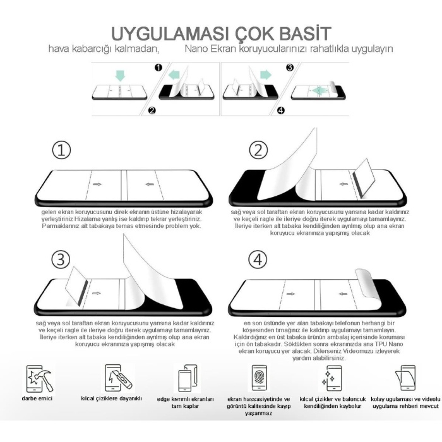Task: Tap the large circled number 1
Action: click(61, 150)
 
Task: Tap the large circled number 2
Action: click(258, 150)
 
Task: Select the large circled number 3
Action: click(61, 259)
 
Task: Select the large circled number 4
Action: click(258, 259)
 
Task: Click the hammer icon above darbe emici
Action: click(40, 378)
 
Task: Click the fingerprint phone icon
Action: click(259, 379)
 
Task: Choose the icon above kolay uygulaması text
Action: click(405, 379)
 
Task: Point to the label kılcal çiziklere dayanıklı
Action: click(111, 399)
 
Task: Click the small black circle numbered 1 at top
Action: click(158, 67)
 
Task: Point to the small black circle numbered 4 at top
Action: click(281, 111)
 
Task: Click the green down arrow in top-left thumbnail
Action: click(120, 76)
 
